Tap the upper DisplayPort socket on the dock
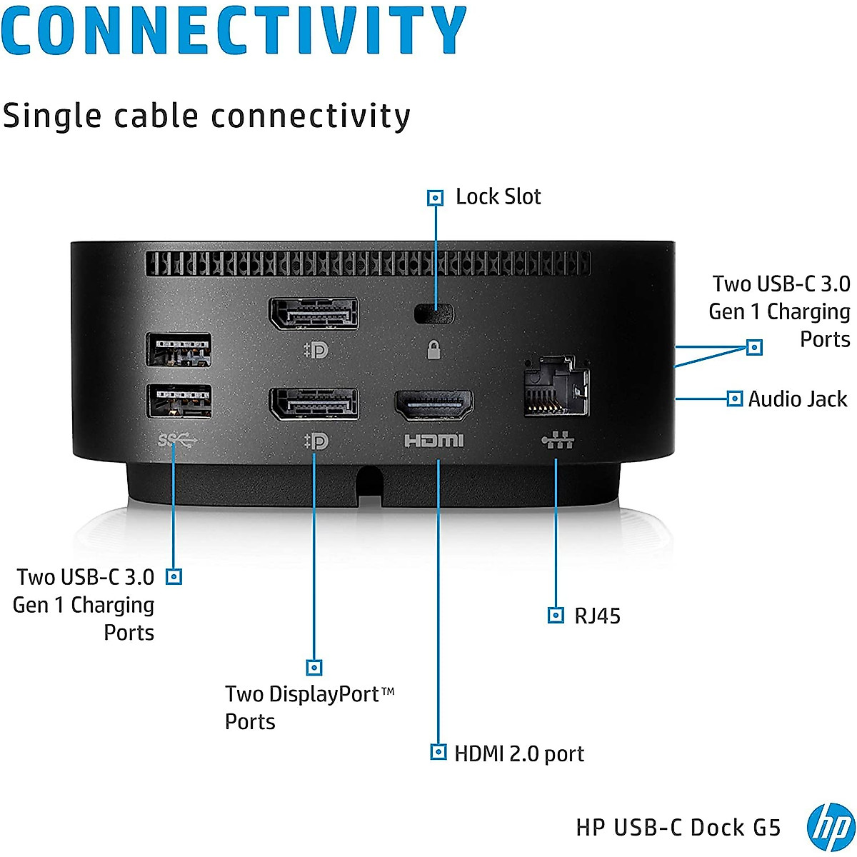point(314,314)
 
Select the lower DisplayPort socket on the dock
point(314,404)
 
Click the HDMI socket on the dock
point(434,405)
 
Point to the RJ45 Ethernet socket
point(556,386)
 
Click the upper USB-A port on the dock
point(179,349)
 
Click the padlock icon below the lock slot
point(433,349)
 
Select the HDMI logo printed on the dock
point(434,441)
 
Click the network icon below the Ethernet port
point(557,441)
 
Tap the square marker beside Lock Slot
point(435,198)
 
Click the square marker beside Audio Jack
point(734,399)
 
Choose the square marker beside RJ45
point(556,615)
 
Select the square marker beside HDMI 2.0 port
point(438,751)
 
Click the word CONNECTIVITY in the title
point(234,29)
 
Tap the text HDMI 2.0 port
point(519,753)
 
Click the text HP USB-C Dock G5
point(678,828)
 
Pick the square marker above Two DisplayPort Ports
point(314,667)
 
